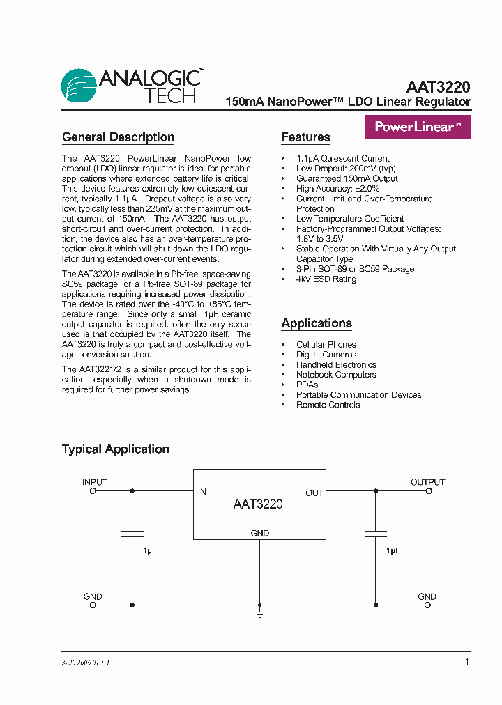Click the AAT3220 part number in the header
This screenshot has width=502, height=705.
(x=438, y=87)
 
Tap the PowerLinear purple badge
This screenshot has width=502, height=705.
(x=418, y=127)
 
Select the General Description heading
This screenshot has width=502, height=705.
(x=118, y=137)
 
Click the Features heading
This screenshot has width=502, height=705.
(x=305, y=137)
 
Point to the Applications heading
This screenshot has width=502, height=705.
(x=316, y=323)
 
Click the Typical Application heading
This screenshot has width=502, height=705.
(x=115, y=449)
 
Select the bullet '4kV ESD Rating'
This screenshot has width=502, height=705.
(x=326, y=279)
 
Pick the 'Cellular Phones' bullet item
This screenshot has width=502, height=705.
(x=326, y=345)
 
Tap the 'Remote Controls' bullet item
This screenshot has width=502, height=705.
(x=328, y=405)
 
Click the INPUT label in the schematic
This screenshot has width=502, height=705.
(x=95, y=482)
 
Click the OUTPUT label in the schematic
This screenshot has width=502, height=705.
(x=427, y=482)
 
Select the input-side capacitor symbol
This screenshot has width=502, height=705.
(x=132, y=534)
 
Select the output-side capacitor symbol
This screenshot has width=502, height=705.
(x=376, y=534)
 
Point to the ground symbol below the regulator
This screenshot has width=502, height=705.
(x=259, y=614)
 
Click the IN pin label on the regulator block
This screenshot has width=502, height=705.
(x=202, y=492)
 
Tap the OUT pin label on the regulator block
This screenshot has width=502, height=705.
(x=314, y=493)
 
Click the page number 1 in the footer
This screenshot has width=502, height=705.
(x=467, y=661)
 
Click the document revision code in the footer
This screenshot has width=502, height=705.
(x=86, y=662)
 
